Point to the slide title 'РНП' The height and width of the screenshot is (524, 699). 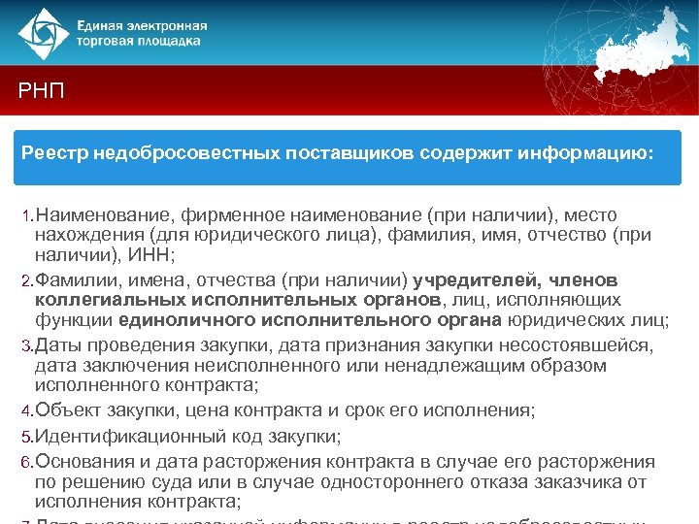42,91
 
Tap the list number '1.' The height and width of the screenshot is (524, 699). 27,215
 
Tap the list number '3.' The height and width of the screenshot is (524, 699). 27,346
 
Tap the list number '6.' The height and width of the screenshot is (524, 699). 27,462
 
